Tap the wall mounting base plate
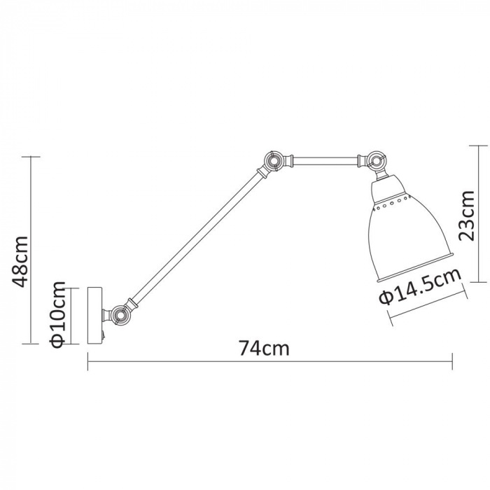(94, 314)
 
